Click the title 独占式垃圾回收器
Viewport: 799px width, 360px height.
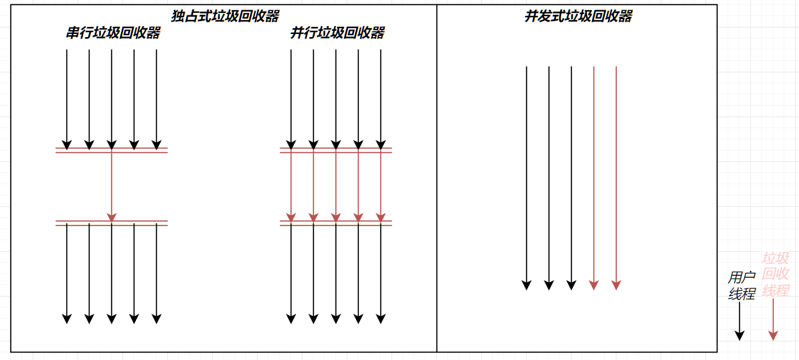click(x=225, y=17)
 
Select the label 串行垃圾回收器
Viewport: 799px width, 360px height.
click(x=113, y=33)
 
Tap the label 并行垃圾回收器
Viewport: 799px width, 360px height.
click(x=337, y=33)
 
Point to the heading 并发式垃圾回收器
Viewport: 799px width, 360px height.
click(x=578, y=17)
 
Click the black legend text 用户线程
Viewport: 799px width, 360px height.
click(x=741, y=286)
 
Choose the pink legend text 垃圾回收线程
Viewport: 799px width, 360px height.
click(x=775, y=275)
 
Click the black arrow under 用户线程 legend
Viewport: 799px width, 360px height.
click(x=739, y=320)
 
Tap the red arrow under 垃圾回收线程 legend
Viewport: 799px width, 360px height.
click(x=773, y=320)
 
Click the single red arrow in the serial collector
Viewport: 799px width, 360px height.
click(x=111, y=186)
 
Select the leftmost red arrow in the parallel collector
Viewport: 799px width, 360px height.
click(x=291, y=186)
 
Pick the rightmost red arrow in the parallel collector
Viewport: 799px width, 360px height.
click(x=381, y=186)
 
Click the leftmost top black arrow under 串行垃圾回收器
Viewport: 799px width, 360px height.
click(x=67, y=96)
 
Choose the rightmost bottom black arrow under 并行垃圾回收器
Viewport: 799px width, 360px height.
click(x=381, y=272)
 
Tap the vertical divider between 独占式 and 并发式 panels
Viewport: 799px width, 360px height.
click(x=437, y=192)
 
